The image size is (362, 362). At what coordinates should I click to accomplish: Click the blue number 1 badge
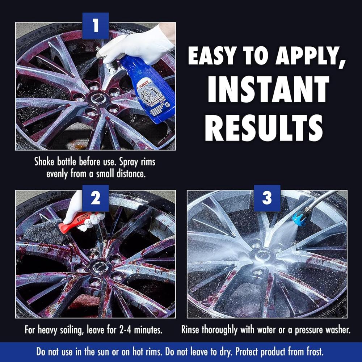(x=96, y=26)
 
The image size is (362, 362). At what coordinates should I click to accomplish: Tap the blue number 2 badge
(x=96, y=198)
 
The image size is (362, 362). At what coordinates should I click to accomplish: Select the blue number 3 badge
(x=267, y=198)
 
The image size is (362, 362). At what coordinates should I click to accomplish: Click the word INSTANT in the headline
(x=268, y=89)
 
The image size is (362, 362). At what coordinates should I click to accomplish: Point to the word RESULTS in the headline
(x=264, y=128)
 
